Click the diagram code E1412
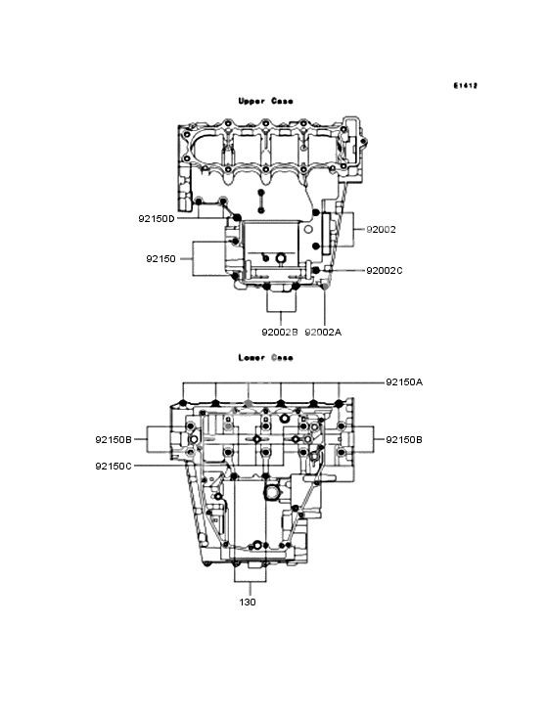(465, 86)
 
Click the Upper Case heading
(265, 101)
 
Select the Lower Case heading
(265, 358)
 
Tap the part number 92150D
(157, 219)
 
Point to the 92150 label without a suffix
(161, 258)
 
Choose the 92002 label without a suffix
(381, 229)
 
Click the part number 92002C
(385, 269)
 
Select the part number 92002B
(279, 332)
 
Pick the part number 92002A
(323, 332)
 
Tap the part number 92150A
(404, 381)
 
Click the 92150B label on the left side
(114, 440)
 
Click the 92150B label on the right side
(404, 440)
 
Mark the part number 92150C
(114, 466)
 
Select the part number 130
(248, 602)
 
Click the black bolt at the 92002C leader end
(316, 269)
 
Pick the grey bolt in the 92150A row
(248, 403)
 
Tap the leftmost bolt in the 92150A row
(185, 403)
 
